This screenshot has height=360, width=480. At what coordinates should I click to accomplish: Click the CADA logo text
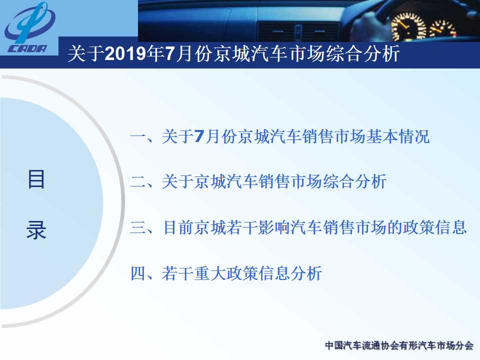[x=27, y=49]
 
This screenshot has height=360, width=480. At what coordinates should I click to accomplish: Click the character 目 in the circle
[x=36, y=179]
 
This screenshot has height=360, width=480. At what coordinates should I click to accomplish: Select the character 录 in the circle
[x=36, y=230]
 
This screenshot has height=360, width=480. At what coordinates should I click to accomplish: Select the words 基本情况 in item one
[x=398, y=136]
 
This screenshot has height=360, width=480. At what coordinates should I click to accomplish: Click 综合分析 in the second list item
[x=355, y=182]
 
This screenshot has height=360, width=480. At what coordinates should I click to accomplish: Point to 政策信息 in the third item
[x=434, y=227]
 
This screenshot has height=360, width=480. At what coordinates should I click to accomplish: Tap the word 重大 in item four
[x=209, y=273]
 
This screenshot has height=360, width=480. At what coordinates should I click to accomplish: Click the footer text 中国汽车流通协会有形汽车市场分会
[x=399, y=345]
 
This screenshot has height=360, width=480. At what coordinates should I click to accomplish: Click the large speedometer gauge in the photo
[x=409, y=25]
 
